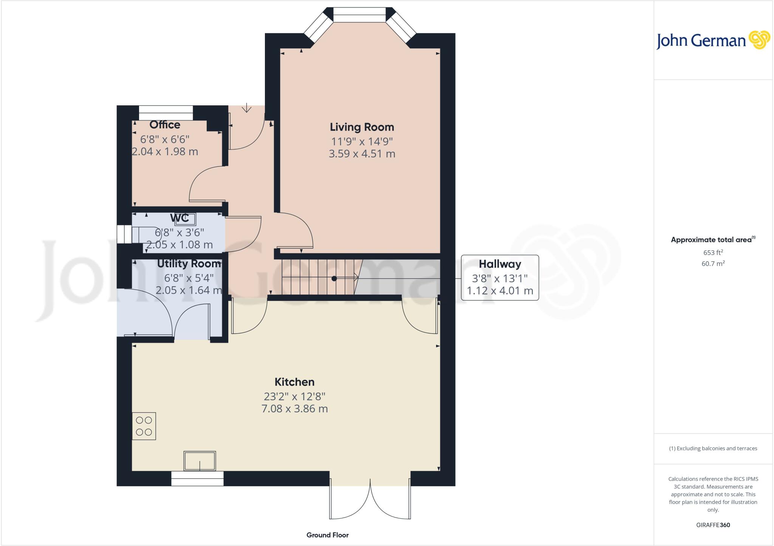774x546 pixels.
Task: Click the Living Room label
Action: pyautogui.click(x=362, y=127)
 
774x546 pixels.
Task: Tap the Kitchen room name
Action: pyautogui.click(x=294, y=382)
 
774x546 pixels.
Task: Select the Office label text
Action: pyautogui.click(x=165, y=125)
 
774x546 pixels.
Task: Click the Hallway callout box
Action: pyautogui.click(x=500, y=278)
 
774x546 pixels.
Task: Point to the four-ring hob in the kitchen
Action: pyautogui.click(x=144, y=426)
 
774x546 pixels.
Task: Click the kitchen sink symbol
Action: pyautogui.click(x=200, y=461)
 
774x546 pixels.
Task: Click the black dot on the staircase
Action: pyautogui.click(x=334, y=279)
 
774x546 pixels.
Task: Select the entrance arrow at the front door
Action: pyautogui.click(x=246, y=108)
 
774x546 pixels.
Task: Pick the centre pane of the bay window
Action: pyautogui.click(x=359, y=15)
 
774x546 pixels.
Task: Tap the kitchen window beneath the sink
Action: pyautogui.click(x=197, y=478)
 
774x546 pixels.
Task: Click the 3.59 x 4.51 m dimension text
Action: pyautogui.click(x=362, y=154)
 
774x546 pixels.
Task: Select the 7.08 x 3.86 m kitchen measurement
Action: pyautogui.click(x=294, y=409)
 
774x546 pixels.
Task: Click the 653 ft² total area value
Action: pyautogui.click(x=713, y=253)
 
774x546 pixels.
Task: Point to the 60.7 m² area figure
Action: pyautogui.click(x=713, y=264)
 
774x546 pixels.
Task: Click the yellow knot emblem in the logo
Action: pyautogui.click(x=759, y=40)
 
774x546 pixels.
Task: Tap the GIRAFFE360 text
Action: pyautogui.click(x=713, y=525)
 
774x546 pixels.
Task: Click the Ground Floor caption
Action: pyautogui.click(x=327, y=535)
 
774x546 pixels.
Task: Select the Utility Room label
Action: pyautogui.click(x=189, y=264)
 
